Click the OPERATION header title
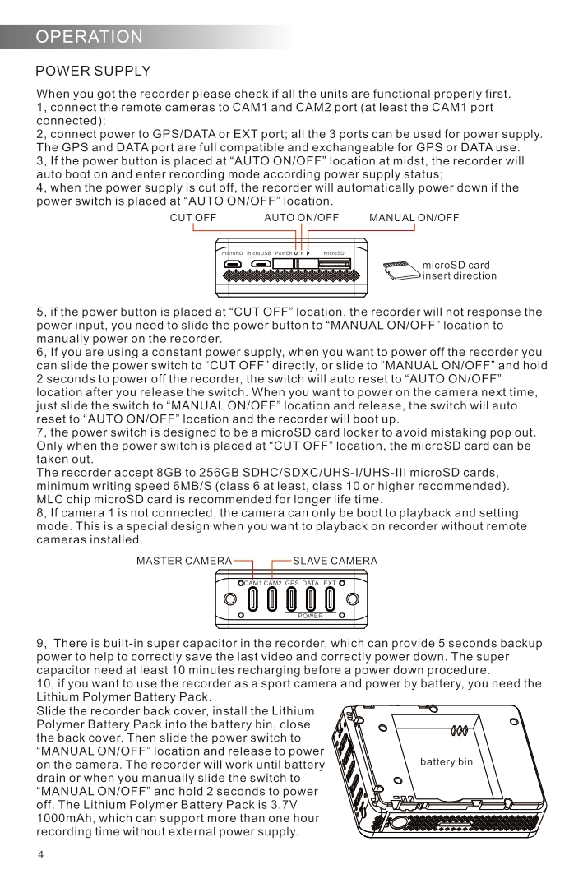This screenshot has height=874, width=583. pos(90,37)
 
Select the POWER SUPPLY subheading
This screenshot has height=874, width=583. pos(93,72)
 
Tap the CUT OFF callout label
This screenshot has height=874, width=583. pos(192,218)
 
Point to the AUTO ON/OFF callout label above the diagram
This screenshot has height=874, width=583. pos(301,218)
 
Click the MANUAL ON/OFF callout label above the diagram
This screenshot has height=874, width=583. pos(414,218)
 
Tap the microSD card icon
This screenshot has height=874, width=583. pos(398,270)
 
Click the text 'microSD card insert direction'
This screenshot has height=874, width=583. pos(459,271)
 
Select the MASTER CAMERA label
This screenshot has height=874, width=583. pos(184,562)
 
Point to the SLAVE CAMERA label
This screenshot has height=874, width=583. pos(335,562)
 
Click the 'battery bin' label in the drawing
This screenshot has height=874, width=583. pos(447,762)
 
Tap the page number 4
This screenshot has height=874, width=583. pos(40,855)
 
